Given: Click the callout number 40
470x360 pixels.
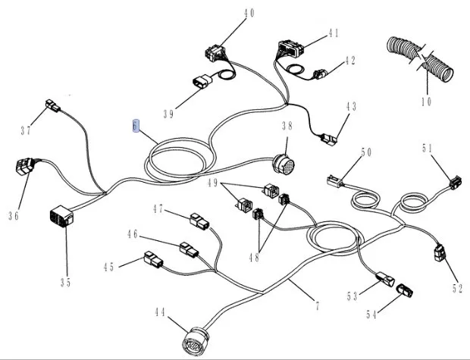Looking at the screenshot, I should [249, 13].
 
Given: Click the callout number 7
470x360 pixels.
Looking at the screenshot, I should [316, 307].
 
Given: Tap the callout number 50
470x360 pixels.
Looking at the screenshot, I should [366, 153].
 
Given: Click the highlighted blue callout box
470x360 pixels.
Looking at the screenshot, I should [136, 127].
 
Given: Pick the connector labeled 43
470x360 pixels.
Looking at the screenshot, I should [328, 139].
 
